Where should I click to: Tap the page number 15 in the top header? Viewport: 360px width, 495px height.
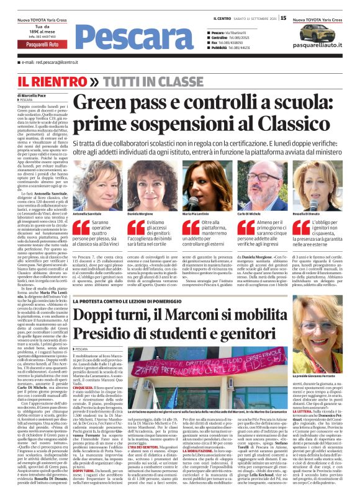pos(283,18)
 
